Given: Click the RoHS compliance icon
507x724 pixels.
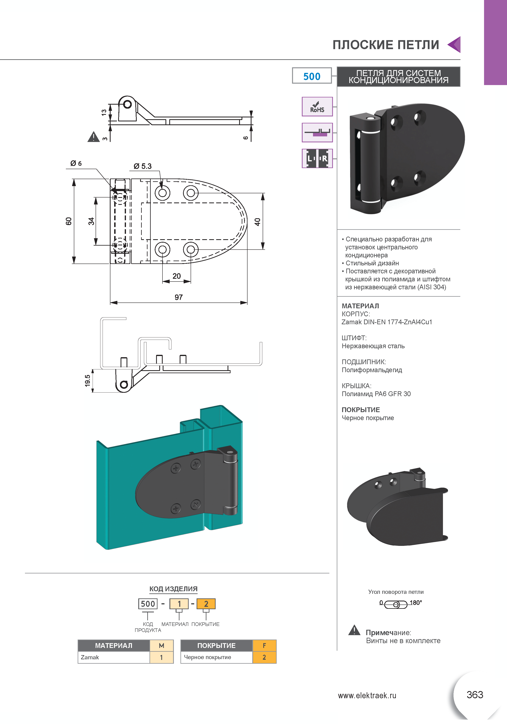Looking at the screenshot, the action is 317,107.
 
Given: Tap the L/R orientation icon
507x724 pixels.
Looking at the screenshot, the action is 317,158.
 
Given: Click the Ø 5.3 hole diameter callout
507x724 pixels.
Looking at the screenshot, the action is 143,166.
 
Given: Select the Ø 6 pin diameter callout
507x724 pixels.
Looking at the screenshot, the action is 76,163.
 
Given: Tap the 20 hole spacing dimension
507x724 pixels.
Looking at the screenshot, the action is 177,276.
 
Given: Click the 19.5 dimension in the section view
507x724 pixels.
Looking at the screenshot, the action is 87,381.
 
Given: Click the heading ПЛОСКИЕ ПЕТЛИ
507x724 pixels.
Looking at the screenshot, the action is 386,45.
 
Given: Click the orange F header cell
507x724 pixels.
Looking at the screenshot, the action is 264,646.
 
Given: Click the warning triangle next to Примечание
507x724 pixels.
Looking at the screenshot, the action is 354,630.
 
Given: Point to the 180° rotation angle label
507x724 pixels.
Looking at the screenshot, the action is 416,603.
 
